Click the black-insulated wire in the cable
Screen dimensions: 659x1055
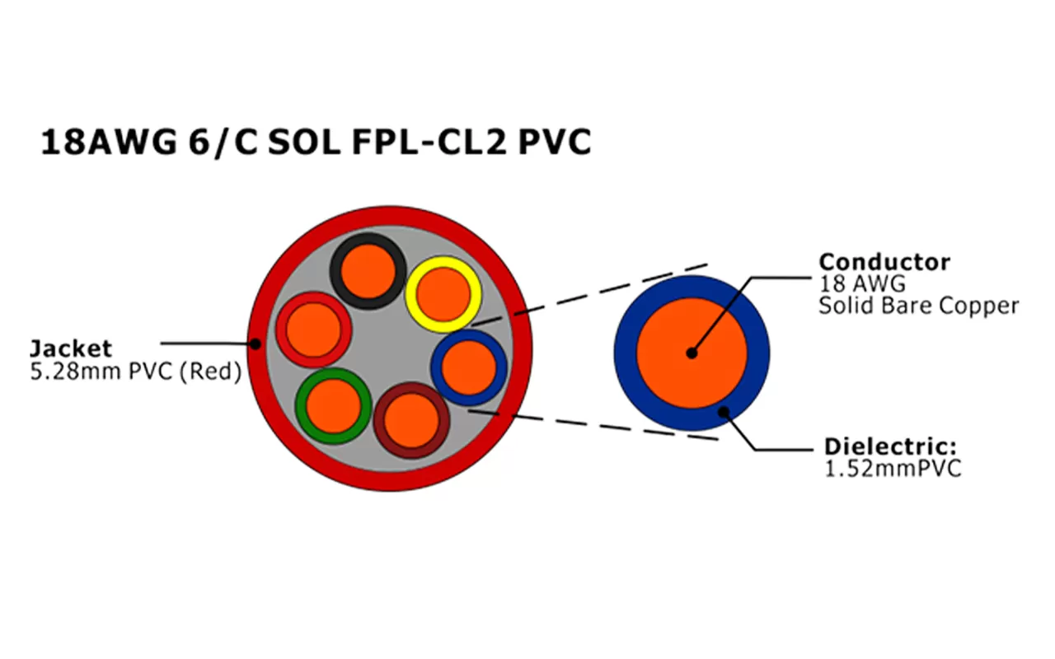click(368, 270)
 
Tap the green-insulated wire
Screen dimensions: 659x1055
click(334, 406)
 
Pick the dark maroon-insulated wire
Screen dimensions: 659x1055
click(411, 421)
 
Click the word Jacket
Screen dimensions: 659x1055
click(71, 348)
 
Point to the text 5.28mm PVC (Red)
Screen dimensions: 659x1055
click(135, 372)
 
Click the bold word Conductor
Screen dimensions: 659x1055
click(884, 263)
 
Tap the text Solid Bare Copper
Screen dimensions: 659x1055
click(918, 306)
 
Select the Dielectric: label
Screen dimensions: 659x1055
click(890, 448)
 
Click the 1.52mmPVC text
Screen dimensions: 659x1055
click(893, 470)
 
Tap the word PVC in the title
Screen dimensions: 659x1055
click(555, 143)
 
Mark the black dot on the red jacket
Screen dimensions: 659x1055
click(256, 344)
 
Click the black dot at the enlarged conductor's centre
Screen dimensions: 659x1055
click(691, 353)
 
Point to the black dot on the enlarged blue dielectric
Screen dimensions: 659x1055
click(723, 411)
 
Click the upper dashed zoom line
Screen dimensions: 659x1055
click(610, 288)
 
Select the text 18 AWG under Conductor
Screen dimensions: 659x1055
click(861, 285)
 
